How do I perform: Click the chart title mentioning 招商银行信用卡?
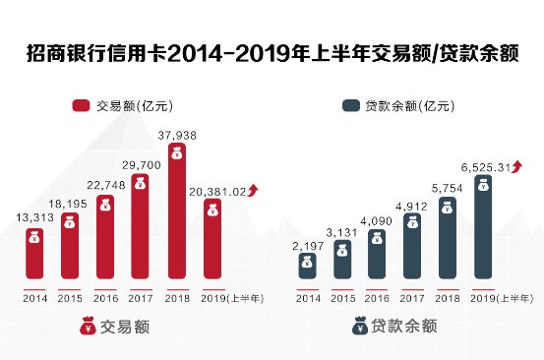coord(272,52)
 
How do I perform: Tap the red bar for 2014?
coord(34,252)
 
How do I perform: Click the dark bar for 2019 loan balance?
coord(482,225)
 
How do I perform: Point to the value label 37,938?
coord(176,135)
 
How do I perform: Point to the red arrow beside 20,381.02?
coord(254,190)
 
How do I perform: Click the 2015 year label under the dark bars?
coord(343,297)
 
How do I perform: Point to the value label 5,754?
coord(448,187)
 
